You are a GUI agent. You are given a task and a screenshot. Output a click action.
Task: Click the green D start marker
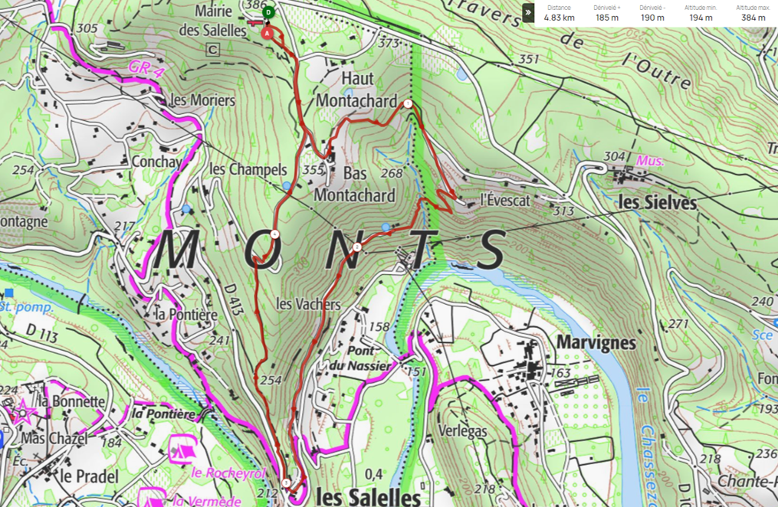[x=268, y=12]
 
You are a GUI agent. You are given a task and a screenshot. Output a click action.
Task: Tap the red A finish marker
[x=267, y=33]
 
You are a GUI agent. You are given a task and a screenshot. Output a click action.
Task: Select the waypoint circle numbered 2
[x=357, y=247]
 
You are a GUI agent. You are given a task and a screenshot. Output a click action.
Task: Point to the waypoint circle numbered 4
[x=274, y=234]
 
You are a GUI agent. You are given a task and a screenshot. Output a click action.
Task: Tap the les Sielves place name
[x=657, y=203]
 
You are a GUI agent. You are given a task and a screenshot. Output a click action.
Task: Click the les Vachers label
[x=307, y=304]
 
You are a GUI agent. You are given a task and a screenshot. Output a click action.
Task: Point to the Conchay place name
[x=156, y=162]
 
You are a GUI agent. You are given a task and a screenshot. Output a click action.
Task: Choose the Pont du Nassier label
[x=370, y=358]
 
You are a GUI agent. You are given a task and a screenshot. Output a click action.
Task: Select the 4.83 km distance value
[x=559, y=18]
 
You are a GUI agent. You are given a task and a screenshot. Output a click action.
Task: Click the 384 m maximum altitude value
[x=753, y=18]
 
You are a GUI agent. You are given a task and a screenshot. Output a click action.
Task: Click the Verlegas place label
[x=462, y=431]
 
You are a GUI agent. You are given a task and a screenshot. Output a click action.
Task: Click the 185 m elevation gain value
[x=606, y=18]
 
